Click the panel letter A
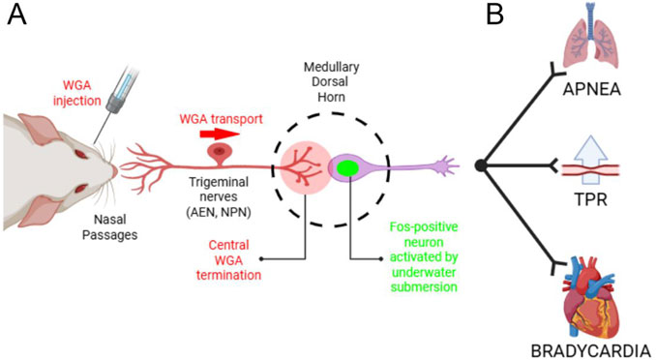click(17, 15)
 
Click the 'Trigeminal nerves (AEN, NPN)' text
click(224, 197)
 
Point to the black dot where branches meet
click(481, 166)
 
